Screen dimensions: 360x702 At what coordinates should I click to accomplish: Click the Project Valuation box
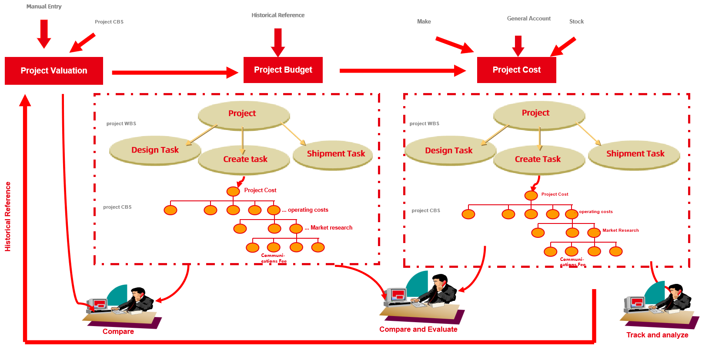[54, 70]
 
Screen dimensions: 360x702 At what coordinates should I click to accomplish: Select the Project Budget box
[283, 70]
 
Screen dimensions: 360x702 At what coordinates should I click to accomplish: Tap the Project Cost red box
[516, 70]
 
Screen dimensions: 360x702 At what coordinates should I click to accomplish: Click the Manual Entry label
[44, 7]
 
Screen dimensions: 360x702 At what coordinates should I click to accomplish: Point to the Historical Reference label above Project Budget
[278, 15]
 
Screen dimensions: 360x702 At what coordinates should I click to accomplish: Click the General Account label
[528, 18]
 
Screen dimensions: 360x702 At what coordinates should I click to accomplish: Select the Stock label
[576, 21]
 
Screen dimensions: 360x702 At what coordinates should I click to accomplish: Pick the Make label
[424, 21]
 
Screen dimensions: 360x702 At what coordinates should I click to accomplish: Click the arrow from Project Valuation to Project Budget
[174, 72]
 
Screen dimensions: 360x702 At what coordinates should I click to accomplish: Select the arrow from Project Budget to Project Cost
[402, 70]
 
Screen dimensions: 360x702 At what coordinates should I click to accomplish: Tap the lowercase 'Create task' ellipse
[244, 160]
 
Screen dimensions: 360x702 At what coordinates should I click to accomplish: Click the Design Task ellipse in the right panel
[449, 150]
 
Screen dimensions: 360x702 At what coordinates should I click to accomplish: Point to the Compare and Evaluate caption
[418, 329]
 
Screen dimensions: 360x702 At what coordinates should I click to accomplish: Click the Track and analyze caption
[657, 335]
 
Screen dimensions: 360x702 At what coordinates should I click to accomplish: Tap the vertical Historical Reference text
[8, 216]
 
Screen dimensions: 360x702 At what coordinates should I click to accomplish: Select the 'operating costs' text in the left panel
[308, 210]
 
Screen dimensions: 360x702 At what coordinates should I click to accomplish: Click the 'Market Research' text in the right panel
[621, 230]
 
